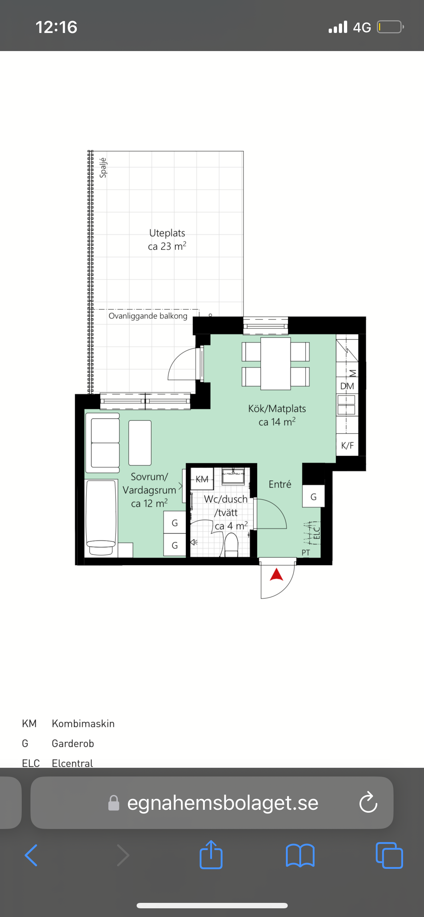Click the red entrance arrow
pyautogui.click(x=277, y=575)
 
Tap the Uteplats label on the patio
pyautogui.click(x=167, y=233)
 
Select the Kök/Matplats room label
pyautogui.click(x=277, y=409)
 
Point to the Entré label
pyautogui.click(x=280, y=484)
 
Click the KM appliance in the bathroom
pyautogui.click(x=202, y=479)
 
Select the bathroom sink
pyautogui.click(x=233, y=476)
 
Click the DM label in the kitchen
pyautogui.click(x=347, y=386)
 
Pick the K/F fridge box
pyautogui.click(x=347, y=445)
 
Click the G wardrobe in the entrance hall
pyautogui.click(x=313, y=497)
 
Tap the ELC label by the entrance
pyautogui.click(x=316, y=533)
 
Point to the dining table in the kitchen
pyautogui.click(x=275, y=363)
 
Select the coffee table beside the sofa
pyautogui.click(x=140, y=443)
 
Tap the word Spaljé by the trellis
pyautogui.click(x=103, y=168)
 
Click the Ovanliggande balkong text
pyautogui.click(x=148, y=316)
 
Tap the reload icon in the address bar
pyautogui.click(x=368, y=803)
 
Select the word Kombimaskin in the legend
pyautogui.click(x=83, y=723)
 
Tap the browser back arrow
pyautogui.click(x=31, y=855)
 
